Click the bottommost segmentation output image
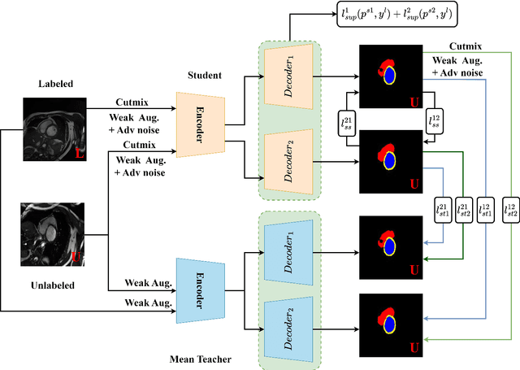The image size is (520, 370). pyautogui.click(x=390, y=320)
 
